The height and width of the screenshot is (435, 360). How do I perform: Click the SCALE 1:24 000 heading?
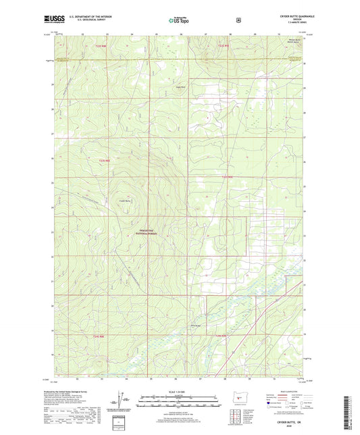[x=179, y=392]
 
